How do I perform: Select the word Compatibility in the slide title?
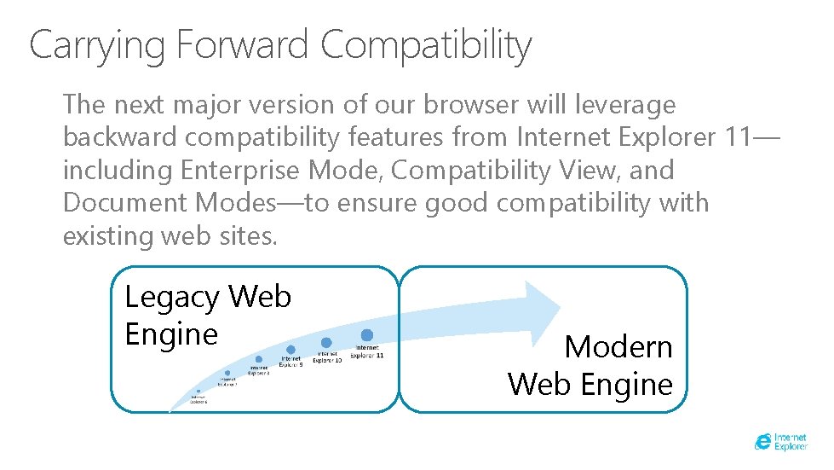click(426, 46)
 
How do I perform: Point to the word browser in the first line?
click(467, 105)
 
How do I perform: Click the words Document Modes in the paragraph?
click(167, 203)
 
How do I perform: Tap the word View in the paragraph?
click(601, 170)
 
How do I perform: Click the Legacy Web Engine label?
click(207, 315)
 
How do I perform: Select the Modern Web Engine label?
click(590, 365)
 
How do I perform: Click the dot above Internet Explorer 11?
click(367, 335)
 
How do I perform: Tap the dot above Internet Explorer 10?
click(326, 342)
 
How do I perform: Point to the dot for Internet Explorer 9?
click(290, 350)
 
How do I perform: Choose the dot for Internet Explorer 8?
click(258, 359)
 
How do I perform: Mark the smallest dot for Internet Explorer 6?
click(198, 391)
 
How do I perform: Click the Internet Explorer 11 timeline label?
click(367, 351)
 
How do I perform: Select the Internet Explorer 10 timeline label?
click(327, 357)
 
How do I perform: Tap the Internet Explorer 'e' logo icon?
click(764, 441)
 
